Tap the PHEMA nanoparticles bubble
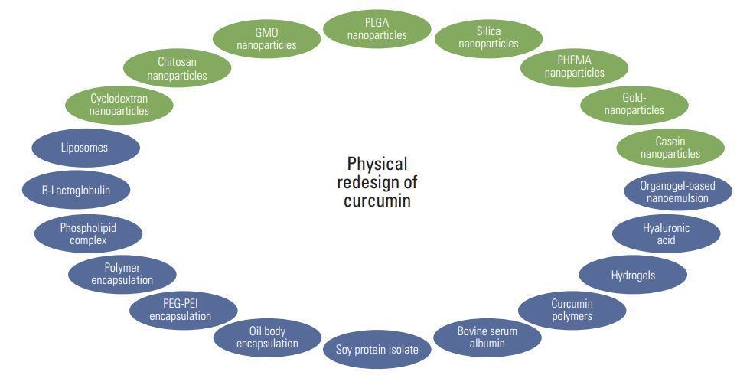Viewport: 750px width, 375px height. coord(574,67)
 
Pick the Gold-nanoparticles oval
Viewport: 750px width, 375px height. coord(634,104)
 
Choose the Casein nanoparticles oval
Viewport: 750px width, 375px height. coord(670,148)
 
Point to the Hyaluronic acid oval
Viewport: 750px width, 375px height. coord(666,233)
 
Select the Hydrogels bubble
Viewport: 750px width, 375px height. coord(633,276)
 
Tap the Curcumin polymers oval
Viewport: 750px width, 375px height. coord(572,310)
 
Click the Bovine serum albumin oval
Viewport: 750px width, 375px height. coord(487,337)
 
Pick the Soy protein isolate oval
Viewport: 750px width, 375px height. coord(377,351)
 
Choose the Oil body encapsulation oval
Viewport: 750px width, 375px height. coord(267,337)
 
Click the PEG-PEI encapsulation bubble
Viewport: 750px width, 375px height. coord(181,310)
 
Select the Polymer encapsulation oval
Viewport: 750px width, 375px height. coord(122,274)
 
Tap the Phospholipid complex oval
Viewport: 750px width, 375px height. coord(88,233)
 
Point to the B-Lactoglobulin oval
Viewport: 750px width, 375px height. coord(76,190)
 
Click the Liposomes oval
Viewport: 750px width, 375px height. coord(86,148)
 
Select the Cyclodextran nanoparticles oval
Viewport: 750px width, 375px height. coord(119,105)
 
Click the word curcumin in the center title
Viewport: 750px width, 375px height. coord(377,201)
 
